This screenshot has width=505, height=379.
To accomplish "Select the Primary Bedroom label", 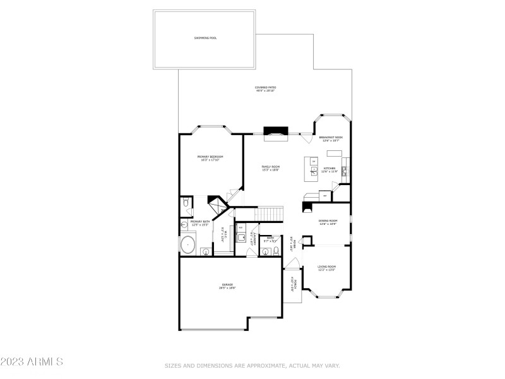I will (x=210, y=158).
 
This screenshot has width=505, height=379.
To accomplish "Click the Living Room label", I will (x=327, y=268).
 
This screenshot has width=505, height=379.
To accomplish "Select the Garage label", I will (x=227, y=286).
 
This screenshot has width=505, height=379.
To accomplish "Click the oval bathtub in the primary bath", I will (x=187, y=244).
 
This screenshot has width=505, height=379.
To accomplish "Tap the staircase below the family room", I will (x=268, y=215).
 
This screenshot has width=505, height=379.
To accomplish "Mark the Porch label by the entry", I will (x=293, y=284).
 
